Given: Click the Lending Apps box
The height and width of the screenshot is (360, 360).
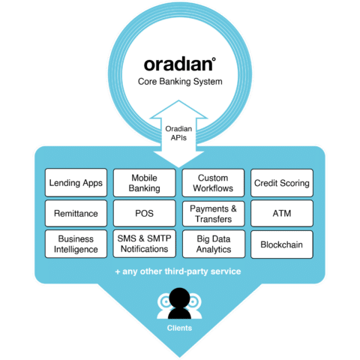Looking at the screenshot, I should pyautogui.click(x=76, y=183).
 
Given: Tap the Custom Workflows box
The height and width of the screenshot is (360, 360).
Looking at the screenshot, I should pyautogui.click(x=213, y=183).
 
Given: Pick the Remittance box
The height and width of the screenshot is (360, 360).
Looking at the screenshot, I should pyautogui.click(x=76, y=214).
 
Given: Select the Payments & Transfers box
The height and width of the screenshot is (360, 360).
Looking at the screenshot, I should pyautogui.click(x=213, y=214).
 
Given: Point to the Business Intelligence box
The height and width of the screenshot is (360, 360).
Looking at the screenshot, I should pyautogui.click(x=76, y=244).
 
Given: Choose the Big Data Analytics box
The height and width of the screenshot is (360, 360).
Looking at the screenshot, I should pyautogui.click(x=213, y=244).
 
